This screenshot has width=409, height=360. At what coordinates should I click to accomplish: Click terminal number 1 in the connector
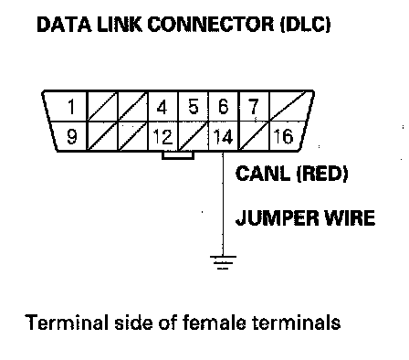(x=71, y=107)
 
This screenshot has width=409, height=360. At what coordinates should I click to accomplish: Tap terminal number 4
(x=162, y=107)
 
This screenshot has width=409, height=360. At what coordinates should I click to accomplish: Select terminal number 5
(x=194, y=107)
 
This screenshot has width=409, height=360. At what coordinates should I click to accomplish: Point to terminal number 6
(x=223, y=107)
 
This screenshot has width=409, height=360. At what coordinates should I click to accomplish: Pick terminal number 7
(x=253, y=107)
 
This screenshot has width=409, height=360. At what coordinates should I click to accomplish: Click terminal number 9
(x=72, y=136)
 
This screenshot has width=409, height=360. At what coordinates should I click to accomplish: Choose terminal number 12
(x=163, y=136)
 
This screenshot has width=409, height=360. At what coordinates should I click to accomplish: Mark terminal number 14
(x=223, y=136)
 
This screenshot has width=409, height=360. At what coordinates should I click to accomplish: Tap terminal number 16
(x=284, y=136)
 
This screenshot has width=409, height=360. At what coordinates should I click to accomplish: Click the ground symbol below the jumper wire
(x=223, y=262)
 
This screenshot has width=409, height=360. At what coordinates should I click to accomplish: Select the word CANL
(x=263, y=174)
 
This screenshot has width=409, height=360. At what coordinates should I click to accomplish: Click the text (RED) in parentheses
(x=322, y=174)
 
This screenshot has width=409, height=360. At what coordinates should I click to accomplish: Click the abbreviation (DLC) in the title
(x=305, y=25)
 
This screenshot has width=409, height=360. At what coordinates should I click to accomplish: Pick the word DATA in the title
(x=64, y=25)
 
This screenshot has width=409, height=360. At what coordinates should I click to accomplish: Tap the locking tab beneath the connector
(x=178, y=155)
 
